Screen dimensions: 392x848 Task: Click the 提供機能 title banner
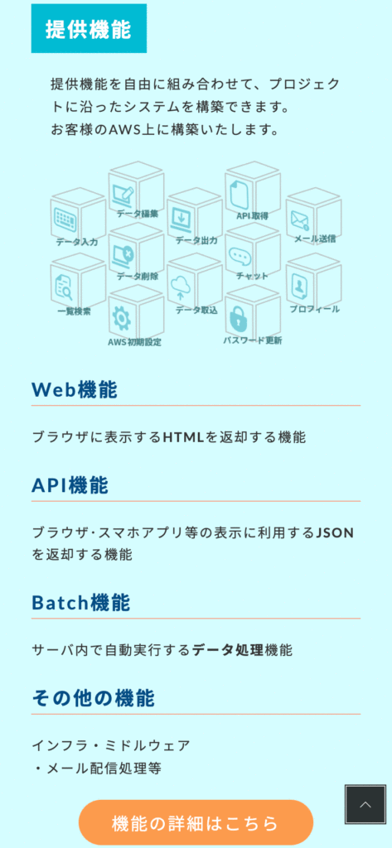tap(89, 28)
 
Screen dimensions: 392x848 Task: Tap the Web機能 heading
tap(75, 389)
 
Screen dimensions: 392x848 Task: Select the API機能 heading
tap(70, 485)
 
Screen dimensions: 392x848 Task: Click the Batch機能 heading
tap(80, 603)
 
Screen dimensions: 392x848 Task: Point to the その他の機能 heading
tap(93, 698)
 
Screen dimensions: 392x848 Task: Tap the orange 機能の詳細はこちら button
tap(196, 822)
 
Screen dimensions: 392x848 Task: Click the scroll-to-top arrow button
tap(365, 805)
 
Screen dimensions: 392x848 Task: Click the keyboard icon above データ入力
tap(65, 219)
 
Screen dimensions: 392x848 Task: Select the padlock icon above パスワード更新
tap(238, 319)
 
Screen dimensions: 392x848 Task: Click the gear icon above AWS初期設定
tap(121, 319)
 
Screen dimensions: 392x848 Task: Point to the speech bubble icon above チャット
tap(239, 257)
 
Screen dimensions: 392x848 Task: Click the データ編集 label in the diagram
tap(138, 214)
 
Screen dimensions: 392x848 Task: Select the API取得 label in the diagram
tap(252, 216)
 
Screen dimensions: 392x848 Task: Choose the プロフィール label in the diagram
tap(315, 309)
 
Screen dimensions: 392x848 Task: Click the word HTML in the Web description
tap(183, 437)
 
